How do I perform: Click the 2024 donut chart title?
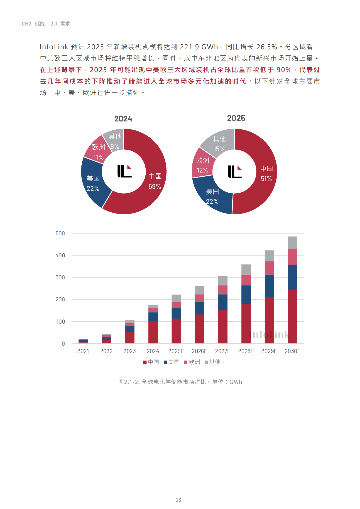point(123,119)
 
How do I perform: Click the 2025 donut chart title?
point(236,118)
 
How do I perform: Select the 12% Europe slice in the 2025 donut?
point(202,165)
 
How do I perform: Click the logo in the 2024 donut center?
point(124,171)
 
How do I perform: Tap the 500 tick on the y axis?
point(60,233)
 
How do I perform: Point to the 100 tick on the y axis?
point(61,322)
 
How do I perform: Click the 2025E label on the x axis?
point(176,351)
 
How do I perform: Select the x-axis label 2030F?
point(292,351)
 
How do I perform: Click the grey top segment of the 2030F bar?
point(292,243)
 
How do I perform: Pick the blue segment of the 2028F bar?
point(246,294)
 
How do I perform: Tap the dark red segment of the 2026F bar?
point(199,329)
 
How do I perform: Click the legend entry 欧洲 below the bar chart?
point(192,362)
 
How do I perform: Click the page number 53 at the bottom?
point(178,500)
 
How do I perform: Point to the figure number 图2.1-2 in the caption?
point(129,382)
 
